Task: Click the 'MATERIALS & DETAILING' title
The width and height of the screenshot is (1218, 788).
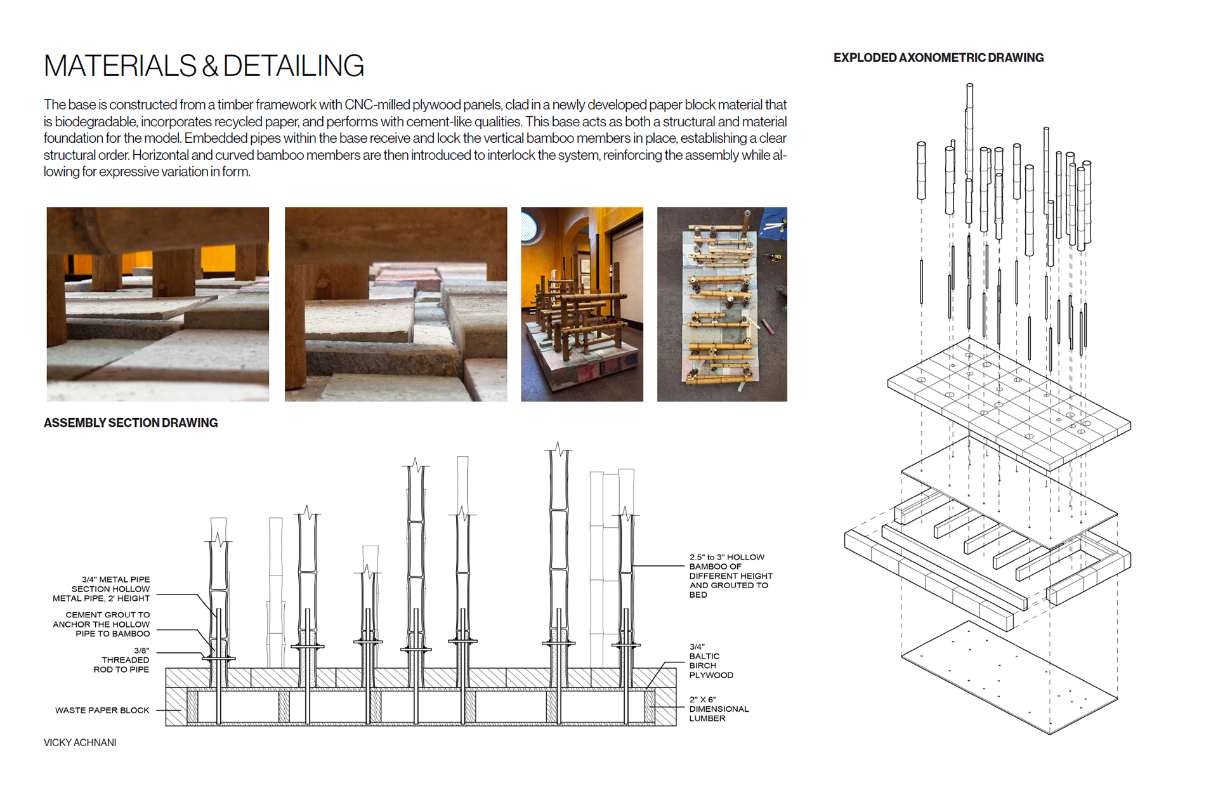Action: [204, 66]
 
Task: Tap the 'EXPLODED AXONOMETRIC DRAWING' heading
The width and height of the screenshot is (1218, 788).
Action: [938, 58]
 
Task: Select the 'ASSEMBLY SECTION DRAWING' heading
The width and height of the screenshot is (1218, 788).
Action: [131, 423]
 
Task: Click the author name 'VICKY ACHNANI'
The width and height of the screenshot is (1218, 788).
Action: [80, 742]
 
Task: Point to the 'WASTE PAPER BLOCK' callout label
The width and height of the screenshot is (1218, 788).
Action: [102, 711]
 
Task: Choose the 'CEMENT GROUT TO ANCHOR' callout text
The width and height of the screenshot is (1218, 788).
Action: [102, 624]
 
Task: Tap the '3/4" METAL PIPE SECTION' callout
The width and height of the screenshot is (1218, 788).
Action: [102, 589]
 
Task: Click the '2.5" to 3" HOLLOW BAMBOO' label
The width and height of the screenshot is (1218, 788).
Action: [730, 576]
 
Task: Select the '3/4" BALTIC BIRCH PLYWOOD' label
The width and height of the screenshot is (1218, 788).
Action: [711, 661]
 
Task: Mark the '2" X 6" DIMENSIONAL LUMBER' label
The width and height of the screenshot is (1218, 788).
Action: [719, 709]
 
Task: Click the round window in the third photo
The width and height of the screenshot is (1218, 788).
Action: [529, 227]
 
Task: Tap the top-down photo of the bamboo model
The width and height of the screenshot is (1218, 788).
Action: [722, 304]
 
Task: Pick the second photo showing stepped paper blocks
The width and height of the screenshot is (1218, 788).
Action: [396, 304]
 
